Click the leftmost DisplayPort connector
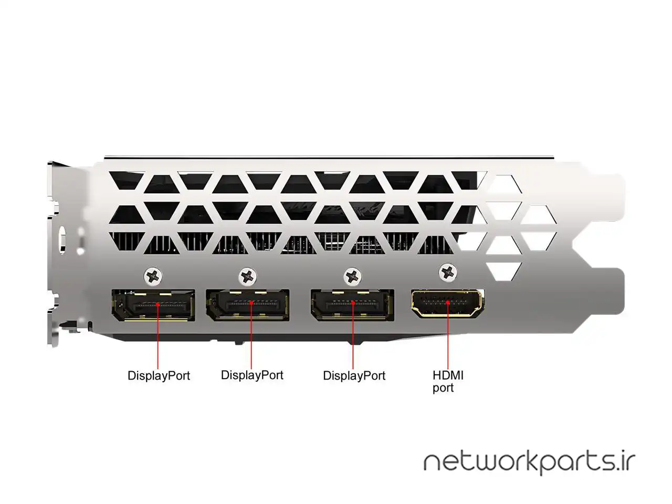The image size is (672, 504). click(x=153, y=305)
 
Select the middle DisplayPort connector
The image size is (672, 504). click(x=247, y=304)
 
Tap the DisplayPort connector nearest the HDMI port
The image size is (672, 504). click(x=352, y=304)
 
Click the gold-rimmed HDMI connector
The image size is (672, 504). click(x=448, y=303)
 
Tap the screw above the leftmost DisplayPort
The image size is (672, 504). click(x=153, y=275)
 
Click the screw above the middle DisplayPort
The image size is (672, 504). click(x=248, y=275)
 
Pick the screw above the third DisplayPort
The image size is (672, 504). click(x=353, y=275)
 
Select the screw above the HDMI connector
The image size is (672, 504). click(x=448, y=271)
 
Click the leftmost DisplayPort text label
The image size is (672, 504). click(x=159, y=376)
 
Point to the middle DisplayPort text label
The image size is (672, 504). click(x=252, y=375)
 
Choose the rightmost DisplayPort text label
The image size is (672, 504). click(x=354, y=376)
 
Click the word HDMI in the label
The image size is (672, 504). click(x=448, y=375)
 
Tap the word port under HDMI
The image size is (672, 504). click(x=443, y=388)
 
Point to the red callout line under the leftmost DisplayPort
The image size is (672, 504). click(x=158, y=341)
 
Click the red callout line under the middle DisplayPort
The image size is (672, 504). click(x=251, y=341)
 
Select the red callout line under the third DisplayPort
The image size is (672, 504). click(x=353, y=341)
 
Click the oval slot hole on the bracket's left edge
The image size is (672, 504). click(x=62, y=240)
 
